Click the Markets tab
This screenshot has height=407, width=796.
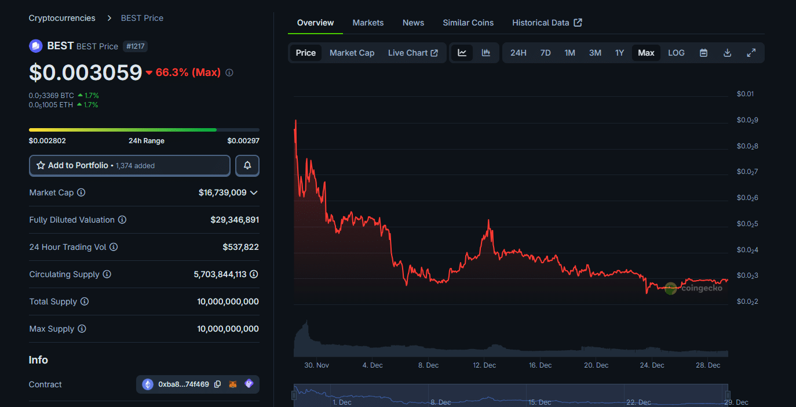click(x=368, y=23)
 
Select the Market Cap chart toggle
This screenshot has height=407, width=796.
click(x=352, y=53)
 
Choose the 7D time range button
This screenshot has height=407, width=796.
click(x=545, y=53)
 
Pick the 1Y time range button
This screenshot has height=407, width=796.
click(x=619, y=53)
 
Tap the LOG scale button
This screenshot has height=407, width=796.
click(x=676, y=53)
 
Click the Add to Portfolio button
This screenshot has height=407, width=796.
click(x=130, y=165)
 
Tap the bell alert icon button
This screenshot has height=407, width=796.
click(x=247, y=165)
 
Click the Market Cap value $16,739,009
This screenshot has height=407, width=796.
click(x=222, y=192)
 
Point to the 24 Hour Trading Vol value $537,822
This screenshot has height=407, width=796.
click(x=240, y=247)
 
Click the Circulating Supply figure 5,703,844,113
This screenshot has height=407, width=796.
click(x=220, y=274)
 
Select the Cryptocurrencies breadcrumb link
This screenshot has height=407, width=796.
click(x=62, y=18)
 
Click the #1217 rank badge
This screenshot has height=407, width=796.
click(x=137, y=46)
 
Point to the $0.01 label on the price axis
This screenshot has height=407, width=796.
click(x=745, y=94)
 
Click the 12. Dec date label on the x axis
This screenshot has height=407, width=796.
click(x=484, y=365)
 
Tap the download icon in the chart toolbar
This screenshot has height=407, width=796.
click(x=727, y=53)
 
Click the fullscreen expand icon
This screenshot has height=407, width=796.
click(x=751, y=53)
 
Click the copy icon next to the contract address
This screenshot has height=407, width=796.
click(x=218, y=384)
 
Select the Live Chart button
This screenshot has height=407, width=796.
click(x=412, y=53)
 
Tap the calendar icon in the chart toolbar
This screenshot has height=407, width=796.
click(x=703, y=53)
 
